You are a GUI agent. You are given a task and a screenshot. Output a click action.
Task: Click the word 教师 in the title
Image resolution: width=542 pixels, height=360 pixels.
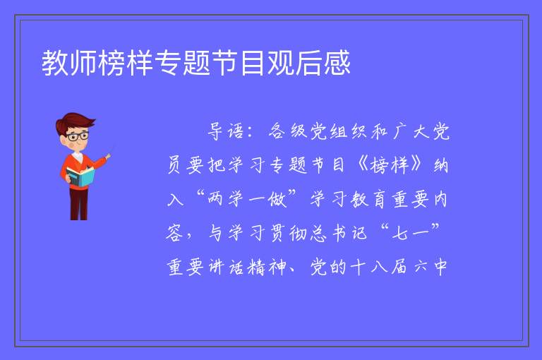click(x=69, y=63)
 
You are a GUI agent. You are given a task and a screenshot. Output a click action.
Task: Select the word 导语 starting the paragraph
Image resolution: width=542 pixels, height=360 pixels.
click(x=225, y=131)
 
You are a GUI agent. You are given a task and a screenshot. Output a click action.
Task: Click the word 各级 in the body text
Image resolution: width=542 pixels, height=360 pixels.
click(x=288, y=131)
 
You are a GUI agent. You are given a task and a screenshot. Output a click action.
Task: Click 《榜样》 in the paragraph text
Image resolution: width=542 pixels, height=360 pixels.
click(x=390, y=165)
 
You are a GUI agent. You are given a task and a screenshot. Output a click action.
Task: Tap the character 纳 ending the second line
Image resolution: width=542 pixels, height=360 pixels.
click(x=440, y=165)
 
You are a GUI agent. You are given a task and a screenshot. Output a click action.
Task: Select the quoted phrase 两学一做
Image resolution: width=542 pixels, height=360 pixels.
click(x=247, y=199)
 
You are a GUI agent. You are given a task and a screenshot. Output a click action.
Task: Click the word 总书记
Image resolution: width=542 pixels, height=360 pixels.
click(x=338, y=233)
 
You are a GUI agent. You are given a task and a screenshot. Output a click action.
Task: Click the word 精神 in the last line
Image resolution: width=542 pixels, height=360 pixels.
click(x=267, y=267)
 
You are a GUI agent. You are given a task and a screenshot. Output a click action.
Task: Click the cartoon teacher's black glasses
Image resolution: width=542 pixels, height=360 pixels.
click(x=78, y=136)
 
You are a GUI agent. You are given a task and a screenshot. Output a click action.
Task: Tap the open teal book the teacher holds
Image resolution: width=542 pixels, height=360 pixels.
click(x=80, y=177)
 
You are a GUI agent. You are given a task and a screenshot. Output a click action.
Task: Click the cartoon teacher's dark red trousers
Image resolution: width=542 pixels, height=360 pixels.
click(x=79, y=204)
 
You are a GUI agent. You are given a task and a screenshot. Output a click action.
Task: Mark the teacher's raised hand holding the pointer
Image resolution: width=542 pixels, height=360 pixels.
click(x=108, y=156)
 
